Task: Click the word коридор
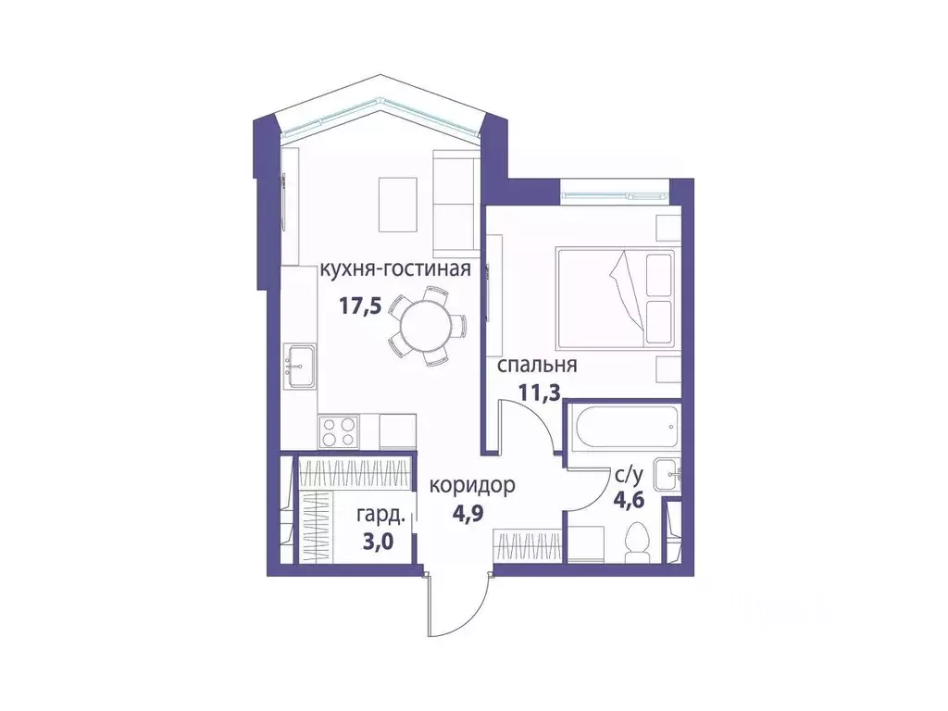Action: [472, 484]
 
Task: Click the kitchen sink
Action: [300, 367]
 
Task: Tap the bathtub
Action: [622, 427]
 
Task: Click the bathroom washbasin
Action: [667, 475]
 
